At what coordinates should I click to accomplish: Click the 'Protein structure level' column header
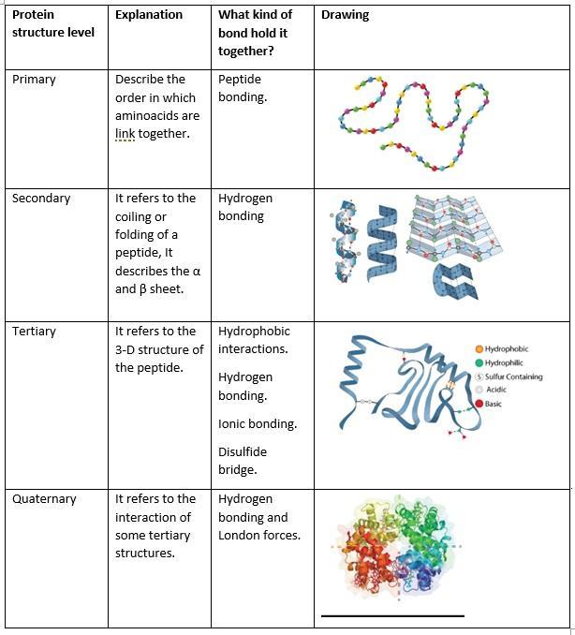pyautogui.click(x=53, y=23)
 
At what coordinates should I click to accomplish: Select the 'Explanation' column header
pyautogui.click(x=149, y=15)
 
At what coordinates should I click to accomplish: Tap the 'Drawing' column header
pyautogui.click(x=345, y=15)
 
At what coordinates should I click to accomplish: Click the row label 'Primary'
pyautogui.click(x=34, y=80)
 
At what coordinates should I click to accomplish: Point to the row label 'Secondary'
pyautogui.click(x=41, y=198)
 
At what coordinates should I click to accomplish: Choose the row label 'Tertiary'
pyautogui.click(x=34, y=331)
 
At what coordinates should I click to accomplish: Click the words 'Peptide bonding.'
pyautogui.click(x=243, y=88)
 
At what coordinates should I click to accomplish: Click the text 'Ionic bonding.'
pyautogui.click(x=258, y=423)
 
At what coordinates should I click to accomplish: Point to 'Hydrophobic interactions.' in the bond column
pyautogui.click(x=254, y=339)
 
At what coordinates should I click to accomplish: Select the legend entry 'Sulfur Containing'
pyautogui.click(x=513, y=377)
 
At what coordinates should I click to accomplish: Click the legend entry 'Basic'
pyautogui.click(x=493, y=404)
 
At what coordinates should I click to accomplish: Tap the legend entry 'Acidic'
pyautogui.click(x=495, y=390)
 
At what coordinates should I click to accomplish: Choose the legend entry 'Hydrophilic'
pyautogui.click(x=504, y=362)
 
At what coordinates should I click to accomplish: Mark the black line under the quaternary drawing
pyautogui.click(x=392, y=615)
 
